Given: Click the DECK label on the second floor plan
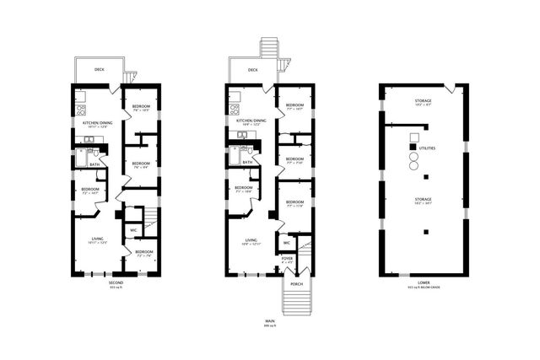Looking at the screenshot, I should tap(100, 70).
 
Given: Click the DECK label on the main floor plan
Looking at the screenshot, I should tap(252, 70).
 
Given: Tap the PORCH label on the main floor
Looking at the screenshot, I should tap(296, 283).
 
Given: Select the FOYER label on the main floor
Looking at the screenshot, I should tap(287, 259).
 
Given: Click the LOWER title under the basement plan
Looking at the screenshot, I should tap(423, 282).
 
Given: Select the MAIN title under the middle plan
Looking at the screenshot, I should tap(270, 320).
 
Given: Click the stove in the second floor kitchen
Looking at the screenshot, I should tap(82, 110).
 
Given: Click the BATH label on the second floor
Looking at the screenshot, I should tap(95, 164).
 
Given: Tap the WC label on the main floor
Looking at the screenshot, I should tap(287, 243).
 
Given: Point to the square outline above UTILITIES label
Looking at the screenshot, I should tap(414, 137).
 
